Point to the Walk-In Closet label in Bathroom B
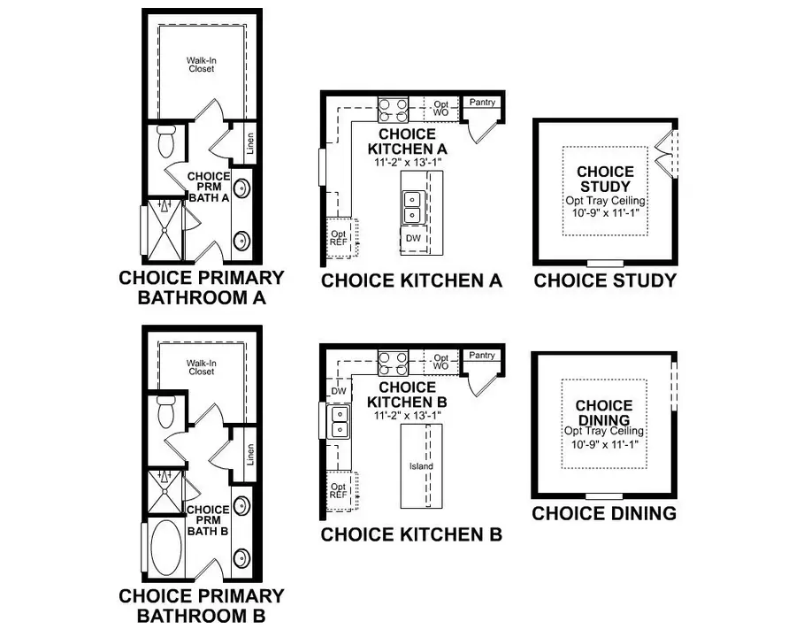[201, 367]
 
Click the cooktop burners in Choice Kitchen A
[393, 110]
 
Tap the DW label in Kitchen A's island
[413, 238]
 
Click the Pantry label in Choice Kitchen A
[482, 103]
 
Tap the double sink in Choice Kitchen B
[338, 422]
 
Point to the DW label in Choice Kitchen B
[338, 390]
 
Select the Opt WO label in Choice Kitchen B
[440, 362]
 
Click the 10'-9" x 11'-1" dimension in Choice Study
[606, 214]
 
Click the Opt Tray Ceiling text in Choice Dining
[606, 431]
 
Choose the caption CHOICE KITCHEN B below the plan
[411, 534]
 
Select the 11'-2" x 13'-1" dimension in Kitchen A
[406, 163]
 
